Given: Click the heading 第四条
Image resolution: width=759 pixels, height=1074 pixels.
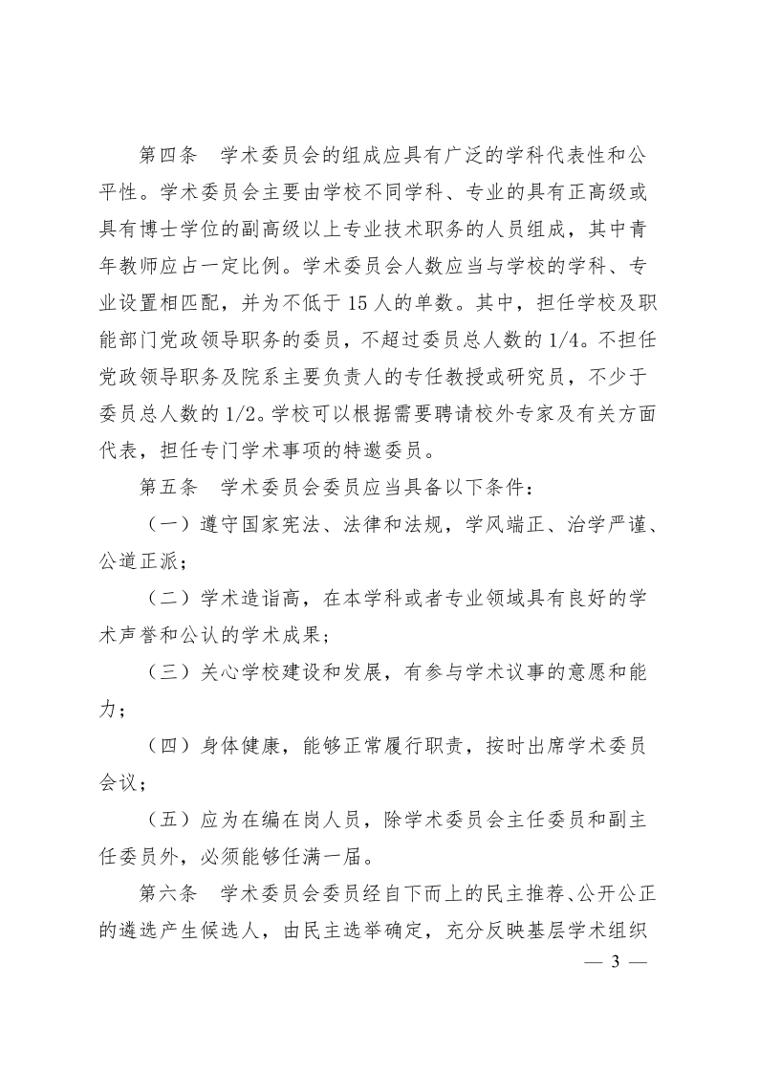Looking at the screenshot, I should tap(167, 154).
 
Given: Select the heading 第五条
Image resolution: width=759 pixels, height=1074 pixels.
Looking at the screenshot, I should tap(167, 488).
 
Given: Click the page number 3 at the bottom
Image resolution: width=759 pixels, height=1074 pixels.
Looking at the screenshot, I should tap(617, 961).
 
